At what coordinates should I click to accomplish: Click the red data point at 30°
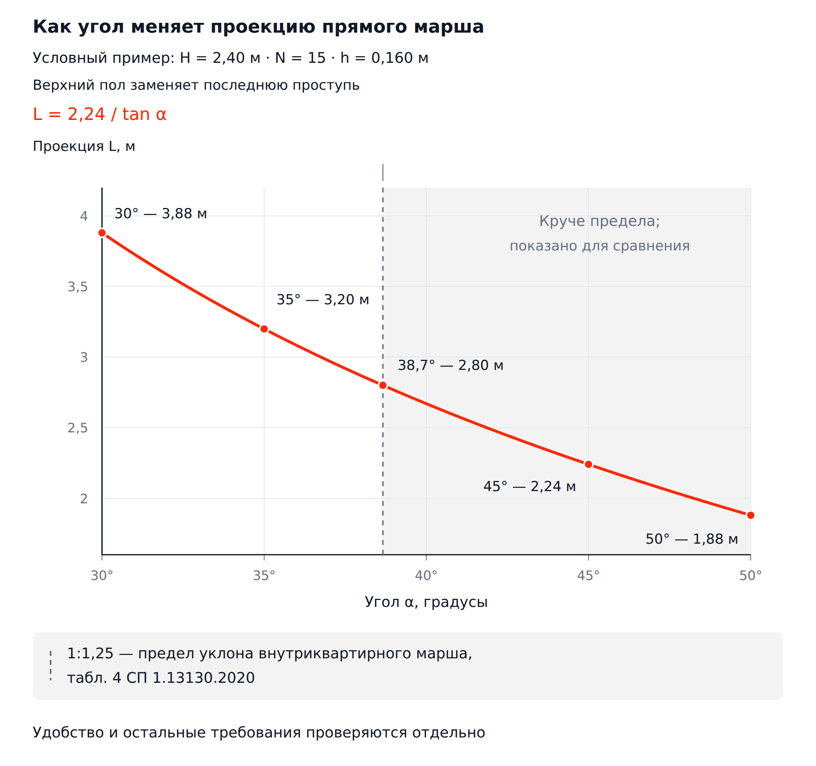tap(102, 233)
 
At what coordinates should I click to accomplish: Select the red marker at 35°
tap(264, 329)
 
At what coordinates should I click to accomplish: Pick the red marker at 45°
tap(589, 465)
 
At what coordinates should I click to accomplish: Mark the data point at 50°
tap(751, 515)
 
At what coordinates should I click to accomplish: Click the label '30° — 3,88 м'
tap(160, 214)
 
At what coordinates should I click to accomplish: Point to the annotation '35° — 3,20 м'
tap(323, 300)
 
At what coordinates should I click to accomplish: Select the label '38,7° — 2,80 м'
tap(450, 365)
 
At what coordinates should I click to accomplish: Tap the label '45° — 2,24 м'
tap(530, 487)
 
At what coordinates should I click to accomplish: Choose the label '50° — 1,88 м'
tap(692, 539)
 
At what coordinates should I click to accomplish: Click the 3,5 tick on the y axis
tap(78, 287)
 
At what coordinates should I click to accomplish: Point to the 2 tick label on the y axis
tap(84, 499)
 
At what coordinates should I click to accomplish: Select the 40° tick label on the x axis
tap(426, 576)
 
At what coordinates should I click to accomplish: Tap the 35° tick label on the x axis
tap(264, 576)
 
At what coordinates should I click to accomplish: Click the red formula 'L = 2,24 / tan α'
tap(100, 114)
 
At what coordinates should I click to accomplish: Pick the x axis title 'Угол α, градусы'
tap(426, 602)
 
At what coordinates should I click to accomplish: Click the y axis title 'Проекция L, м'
tap(84, 146)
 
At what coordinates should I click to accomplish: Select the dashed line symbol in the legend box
tap(51, 666)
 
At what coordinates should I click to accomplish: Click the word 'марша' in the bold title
tap(449, 27)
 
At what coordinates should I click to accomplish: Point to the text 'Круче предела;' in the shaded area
tap(599, 221)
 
